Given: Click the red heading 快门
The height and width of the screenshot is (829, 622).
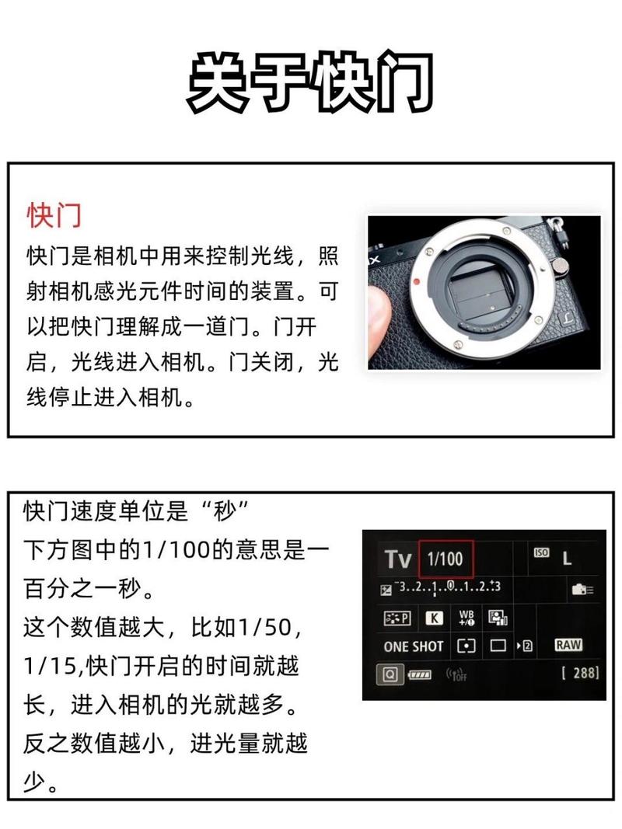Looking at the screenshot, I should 54,215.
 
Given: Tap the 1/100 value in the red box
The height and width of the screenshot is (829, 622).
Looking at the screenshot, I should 445,558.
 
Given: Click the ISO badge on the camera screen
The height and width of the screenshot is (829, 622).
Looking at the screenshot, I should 541,552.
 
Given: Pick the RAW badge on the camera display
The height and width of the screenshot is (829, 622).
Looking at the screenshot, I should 568,645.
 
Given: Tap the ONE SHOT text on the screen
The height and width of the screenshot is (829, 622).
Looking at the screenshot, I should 413,646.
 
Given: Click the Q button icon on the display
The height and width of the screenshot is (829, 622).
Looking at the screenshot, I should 390,674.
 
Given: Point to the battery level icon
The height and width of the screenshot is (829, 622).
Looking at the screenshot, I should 419,675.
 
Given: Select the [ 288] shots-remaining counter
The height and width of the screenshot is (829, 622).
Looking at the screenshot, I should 580,673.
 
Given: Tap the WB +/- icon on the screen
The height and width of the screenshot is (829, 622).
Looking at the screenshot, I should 466,618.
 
